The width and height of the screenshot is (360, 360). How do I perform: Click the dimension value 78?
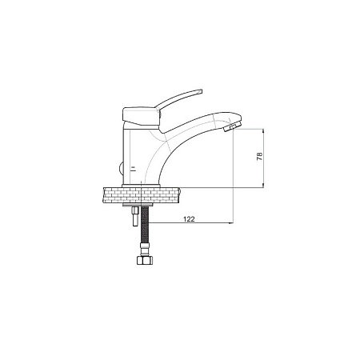[259, 157]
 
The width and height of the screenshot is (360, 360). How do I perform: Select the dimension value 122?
[190, 219]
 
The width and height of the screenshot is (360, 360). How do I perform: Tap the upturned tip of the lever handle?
[200, 91]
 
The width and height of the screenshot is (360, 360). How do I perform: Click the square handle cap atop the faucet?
[141, 116]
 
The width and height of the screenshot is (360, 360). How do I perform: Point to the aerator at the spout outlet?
[230, 127]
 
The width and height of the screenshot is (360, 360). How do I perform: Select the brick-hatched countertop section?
[141, 195]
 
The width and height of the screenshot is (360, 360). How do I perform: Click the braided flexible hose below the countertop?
[144, 225]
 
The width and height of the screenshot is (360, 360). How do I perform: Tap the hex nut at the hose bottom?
[144, 260]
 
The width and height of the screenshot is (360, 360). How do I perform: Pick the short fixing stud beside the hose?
[135, 217]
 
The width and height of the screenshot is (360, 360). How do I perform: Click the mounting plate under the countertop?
[138, 205]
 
